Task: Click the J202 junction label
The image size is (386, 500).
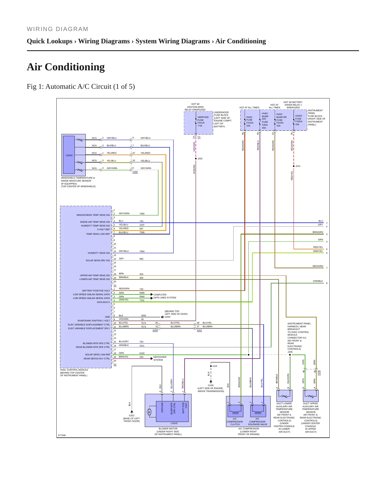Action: point(200,159)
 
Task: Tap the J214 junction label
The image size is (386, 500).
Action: point(298,166)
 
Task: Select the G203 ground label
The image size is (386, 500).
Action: point(167,317)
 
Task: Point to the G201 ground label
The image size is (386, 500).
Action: point(132,416)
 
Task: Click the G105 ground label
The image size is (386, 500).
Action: point(211,385)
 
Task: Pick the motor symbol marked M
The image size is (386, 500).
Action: point(149,412)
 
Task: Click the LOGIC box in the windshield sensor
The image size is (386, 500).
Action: point(69,155)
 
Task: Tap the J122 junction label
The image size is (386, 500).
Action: point(215,366)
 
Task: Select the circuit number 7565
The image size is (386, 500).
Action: point(142,214)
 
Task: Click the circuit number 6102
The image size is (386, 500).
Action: point(142,353)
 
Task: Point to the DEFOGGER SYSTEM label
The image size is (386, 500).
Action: point(160,358)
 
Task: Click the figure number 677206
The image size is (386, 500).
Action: point(62,435)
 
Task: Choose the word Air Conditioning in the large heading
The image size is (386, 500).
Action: point(66,67)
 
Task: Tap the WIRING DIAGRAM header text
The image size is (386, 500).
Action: point(57,29)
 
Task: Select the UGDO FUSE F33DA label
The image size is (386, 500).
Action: point(299,120)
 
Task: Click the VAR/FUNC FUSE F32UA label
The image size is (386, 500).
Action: point(203,121)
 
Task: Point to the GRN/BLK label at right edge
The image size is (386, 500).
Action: point(318,281)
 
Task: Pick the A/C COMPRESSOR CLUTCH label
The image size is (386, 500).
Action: point(235,422)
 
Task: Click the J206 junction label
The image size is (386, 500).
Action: point(290,352)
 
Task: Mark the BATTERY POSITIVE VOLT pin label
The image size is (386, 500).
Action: point(96,291)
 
